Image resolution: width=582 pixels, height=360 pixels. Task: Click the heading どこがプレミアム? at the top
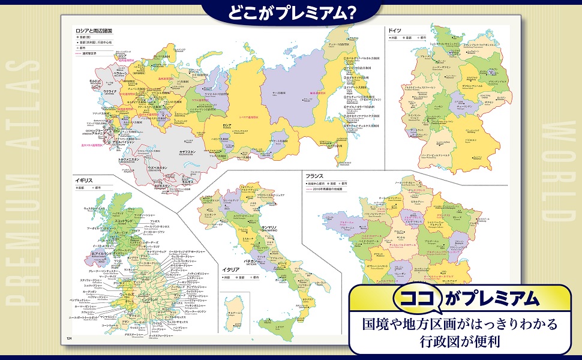[x=290, y=13]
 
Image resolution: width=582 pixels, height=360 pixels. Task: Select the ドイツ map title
[x=394, y=30]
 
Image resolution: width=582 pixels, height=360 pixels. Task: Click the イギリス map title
[x=83, y=179]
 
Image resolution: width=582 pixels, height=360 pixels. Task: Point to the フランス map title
[x=314, y=176]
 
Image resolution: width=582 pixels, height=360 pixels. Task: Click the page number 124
[x=70, y=339]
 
